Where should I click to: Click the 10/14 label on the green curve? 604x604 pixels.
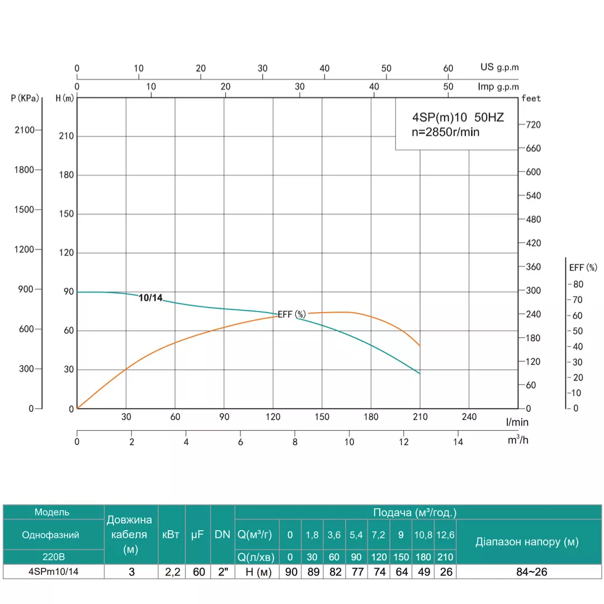150,298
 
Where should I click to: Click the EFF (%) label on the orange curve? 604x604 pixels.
292,314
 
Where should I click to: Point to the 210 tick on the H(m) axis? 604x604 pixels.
67,136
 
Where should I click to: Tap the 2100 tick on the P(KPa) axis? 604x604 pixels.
25,130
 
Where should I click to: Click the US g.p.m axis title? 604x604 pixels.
499,67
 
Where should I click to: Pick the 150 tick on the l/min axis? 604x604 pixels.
322,417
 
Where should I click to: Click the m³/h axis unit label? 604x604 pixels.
518,440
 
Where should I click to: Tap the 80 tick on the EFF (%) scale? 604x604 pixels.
578,284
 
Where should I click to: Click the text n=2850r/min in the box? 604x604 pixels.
446,133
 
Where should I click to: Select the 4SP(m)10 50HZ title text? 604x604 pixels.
458,119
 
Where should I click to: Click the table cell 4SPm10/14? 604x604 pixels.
53,572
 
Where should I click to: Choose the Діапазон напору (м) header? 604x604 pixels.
527,541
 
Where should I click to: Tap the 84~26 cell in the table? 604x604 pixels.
527,572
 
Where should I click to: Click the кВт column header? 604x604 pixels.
171,535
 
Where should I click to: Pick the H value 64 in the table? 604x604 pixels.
400,572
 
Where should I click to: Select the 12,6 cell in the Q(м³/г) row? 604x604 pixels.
445,535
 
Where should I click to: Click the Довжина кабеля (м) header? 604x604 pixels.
130,535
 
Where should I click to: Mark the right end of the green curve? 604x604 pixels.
419,373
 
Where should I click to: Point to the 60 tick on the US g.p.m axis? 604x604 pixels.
448,68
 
